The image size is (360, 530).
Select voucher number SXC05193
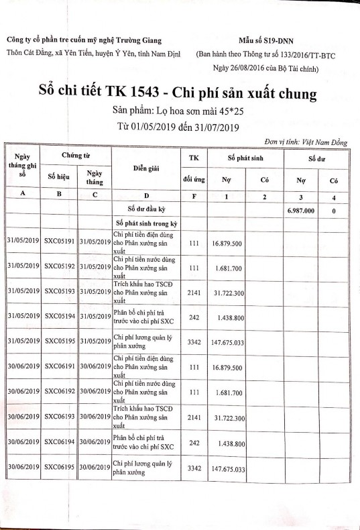tap(60, 293)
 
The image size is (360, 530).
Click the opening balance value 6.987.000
tap(300, 209)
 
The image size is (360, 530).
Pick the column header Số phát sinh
tap(245, 156)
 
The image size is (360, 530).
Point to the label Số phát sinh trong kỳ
tap(145, 222)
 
